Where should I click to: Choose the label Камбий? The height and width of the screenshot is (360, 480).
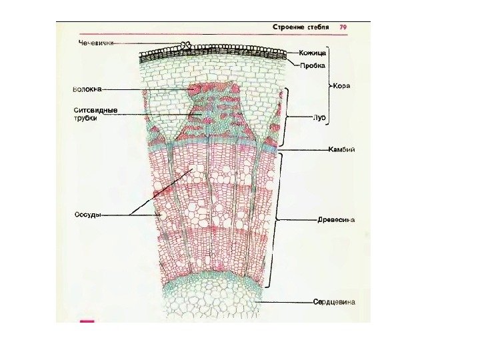click(x=341, y=149)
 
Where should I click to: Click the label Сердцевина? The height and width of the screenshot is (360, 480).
click(x=334, y=301)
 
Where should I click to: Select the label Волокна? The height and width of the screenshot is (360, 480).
click(x=87, y=89)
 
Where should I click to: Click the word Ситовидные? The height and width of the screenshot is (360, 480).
click(x=95, y=109)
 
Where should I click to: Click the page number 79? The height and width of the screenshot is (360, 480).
click(x=343, y=27)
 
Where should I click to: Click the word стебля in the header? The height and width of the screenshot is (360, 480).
click(x=319, y=27)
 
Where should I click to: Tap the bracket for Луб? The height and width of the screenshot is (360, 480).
click(x=288, y=117)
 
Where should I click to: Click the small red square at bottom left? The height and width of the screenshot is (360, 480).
click(x=87, y=321)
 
